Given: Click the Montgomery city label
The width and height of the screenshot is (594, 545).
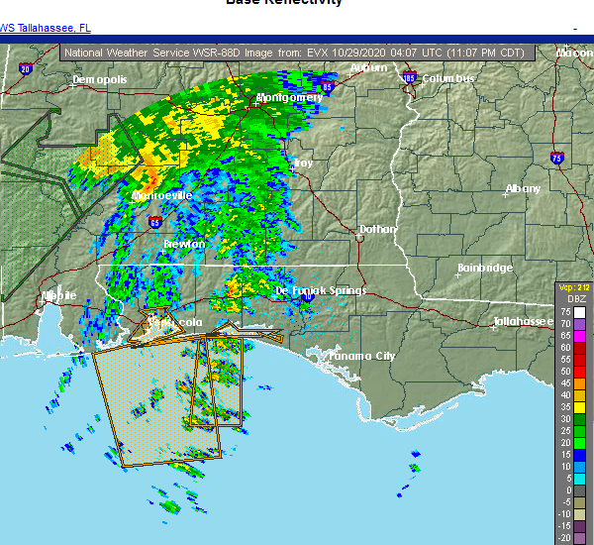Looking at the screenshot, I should [x=289, y=97].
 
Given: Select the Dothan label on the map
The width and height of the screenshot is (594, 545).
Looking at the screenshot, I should [x=377, y=229].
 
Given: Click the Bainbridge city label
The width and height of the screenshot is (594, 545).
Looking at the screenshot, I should [x=485, y=269].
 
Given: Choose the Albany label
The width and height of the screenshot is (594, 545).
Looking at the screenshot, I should [x=523, y=188].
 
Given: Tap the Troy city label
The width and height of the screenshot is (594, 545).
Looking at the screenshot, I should [x=303, y=163].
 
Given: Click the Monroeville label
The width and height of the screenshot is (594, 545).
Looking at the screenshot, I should [x=161, y=196].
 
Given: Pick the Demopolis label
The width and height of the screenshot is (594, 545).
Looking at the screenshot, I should [x=102, y=78].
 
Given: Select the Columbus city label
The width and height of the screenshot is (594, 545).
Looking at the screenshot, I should [x=448, y=78].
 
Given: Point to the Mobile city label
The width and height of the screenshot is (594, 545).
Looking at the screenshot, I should [x=58, y=295].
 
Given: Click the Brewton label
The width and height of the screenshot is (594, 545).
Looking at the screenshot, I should [x=184, y=244].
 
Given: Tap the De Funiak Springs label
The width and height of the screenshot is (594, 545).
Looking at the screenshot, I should [x=320, y=290].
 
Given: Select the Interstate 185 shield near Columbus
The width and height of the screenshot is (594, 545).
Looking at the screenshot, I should [x=409, y=76].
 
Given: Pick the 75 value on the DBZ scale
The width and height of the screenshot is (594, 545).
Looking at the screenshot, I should [x=564, y=311].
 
